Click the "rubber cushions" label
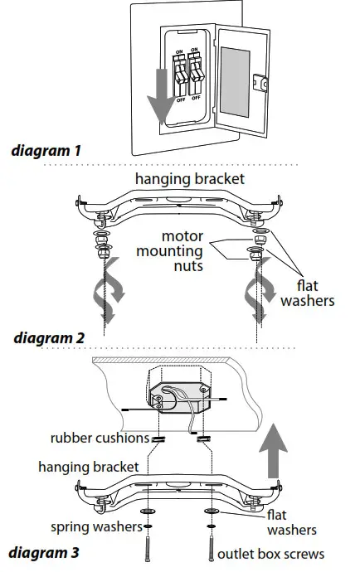click(99, 438)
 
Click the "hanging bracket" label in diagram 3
click(88, 467)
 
